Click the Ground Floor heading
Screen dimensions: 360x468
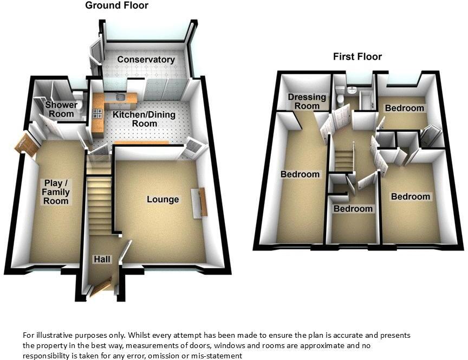(116, 5)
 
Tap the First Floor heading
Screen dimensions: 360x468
(357, 56)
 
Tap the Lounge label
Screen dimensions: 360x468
(162, 200)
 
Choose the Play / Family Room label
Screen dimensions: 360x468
(56, 192)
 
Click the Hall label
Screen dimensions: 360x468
(102, 260)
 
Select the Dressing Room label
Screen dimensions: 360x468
(307, 101)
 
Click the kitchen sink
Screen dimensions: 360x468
(121, 97)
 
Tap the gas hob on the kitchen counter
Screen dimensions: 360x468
(98, 114)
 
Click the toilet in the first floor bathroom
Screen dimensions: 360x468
(339, 98)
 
